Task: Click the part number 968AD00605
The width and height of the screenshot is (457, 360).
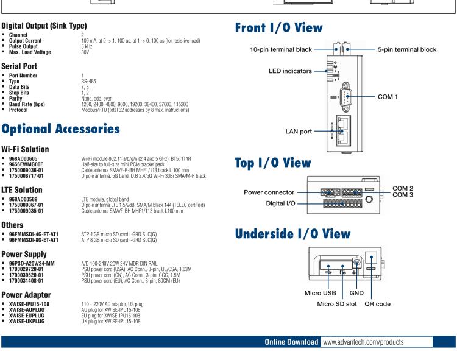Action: (25, 158)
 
